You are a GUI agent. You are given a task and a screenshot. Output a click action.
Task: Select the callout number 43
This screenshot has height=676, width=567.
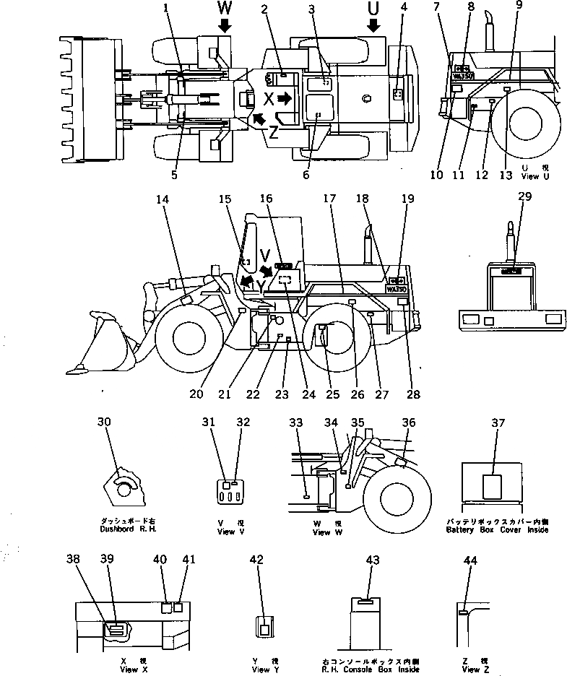point(372,561)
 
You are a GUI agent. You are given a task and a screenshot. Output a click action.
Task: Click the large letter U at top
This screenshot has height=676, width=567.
point(373,8)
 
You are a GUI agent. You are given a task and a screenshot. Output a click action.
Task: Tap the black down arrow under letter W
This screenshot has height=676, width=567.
point(224,26)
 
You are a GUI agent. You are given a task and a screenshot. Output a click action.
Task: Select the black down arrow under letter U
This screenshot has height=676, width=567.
point(373,26)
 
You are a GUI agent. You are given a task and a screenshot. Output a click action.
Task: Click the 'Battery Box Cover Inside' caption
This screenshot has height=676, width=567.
point(497,526)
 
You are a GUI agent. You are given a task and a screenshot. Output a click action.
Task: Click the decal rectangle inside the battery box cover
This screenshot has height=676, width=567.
point(493,487)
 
